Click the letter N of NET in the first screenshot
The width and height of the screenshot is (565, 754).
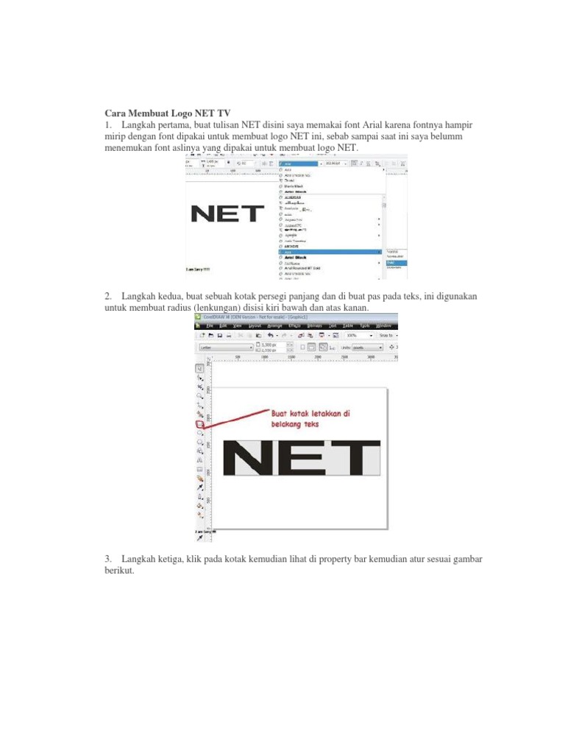(x=202, y=214)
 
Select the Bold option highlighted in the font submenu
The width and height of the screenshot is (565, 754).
(x=396, y=262)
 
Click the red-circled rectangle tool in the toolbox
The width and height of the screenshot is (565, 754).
(x=199, y=424)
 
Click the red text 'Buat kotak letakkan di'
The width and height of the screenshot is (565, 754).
(x=310, y=414)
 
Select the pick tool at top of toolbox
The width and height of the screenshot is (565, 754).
(x=199, y=367)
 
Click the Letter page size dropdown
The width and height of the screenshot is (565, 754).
(x=225, y=346)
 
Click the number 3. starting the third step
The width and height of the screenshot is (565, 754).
(x=110, y=560)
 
